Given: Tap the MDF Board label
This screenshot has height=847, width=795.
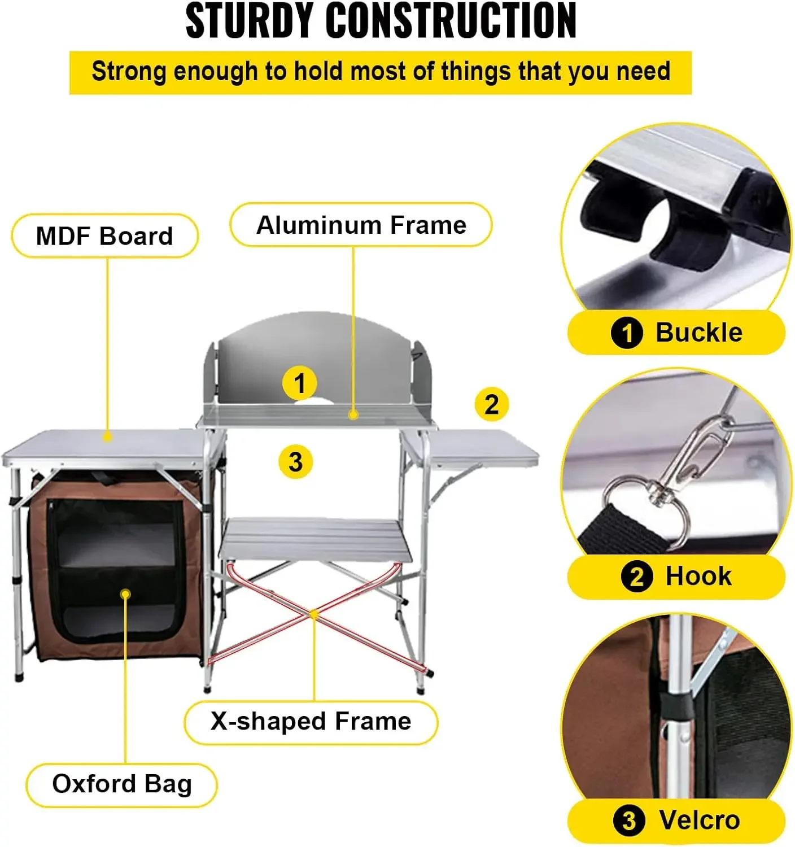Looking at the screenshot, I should click(x=104, y=236).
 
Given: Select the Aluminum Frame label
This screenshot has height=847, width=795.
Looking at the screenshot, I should click(x=361, y=225).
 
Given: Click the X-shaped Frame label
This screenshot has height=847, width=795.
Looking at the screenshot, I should click(x=311, y=722).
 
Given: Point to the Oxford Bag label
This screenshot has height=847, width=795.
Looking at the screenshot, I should click(x=121, y=784).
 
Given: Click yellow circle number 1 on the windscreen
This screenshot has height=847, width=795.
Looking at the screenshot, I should click(x=299, y=383).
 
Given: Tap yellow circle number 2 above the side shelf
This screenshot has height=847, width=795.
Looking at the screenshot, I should click(x=491, y=404).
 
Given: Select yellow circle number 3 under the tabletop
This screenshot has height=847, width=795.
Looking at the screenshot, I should click(x=295, y=462).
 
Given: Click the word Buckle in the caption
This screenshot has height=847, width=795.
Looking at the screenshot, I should click(x=698, y=333).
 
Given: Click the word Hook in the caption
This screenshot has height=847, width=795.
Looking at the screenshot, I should click(x=698, y=577).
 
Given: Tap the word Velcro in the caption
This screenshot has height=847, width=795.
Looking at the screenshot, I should click(x=700, y=820).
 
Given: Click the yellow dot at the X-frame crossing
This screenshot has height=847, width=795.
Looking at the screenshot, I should click(x=314, y=614).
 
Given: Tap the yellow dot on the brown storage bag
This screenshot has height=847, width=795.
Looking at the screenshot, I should click(x=125, y=593).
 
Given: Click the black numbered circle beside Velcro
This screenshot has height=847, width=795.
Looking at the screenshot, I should click(x=628, y=820).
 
